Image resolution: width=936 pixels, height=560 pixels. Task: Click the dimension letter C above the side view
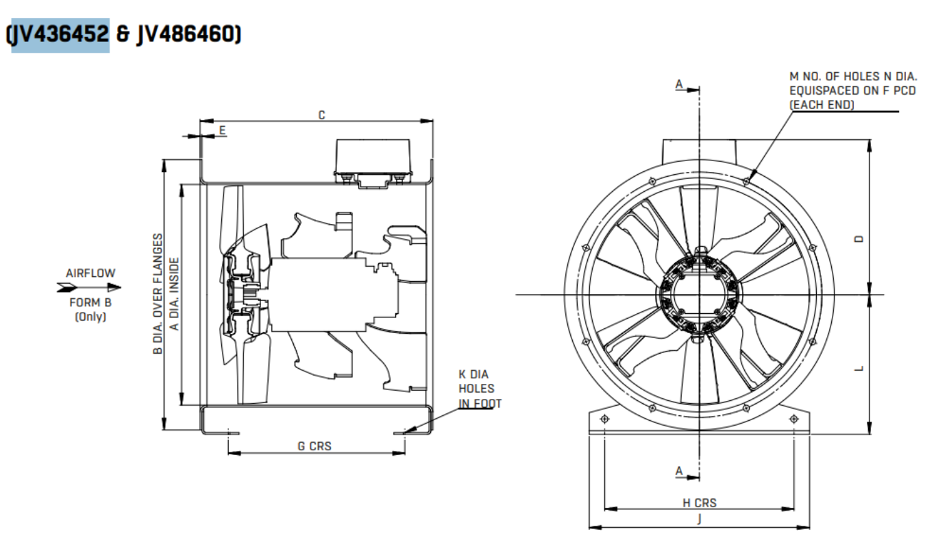[x=321, y=114]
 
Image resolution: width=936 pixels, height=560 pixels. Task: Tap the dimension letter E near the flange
[x=221, y=129]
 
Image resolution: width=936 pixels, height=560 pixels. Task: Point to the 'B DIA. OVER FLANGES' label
[x=158, y=294]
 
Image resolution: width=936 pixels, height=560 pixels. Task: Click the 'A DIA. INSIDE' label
[x=175, y=294]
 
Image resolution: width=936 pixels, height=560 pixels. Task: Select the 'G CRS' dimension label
[x=315, y=446]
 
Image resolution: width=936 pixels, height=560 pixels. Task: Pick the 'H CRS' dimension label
[x=699, y=502]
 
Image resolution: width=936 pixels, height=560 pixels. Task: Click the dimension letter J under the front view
[x=699, y=520]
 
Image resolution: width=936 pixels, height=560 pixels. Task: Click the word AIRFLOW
[x=90, y=273]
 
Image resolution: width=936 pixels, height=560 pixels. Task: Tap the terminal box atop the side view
[x=372, y=160]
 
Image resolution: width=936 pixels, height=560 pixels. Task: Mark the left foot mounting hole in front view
[x=604, y=419]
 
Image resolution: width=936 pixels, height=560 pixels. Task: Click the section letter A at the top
[x=679, y=84]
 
